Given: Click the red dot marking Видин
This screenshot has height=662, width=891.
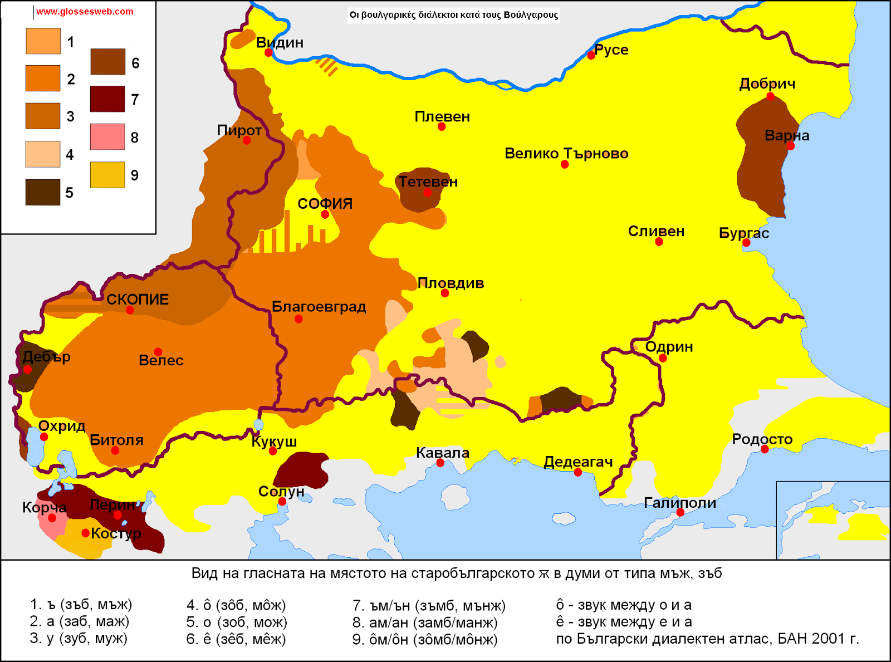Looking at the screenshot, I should [268, 53].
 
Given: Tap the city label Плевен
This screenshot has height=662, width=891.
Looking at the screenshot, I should [442, 116].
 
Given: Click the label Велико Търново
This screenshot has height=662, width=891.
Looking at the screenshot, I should [566, 153].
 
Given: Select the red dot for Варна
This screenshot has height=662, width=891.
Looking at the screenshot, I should [791, 146].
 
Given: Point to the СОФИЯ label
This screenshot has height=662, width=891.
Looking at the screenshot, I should [325, 203].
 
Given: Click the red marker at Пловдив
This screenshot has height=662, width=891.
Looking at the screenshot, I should [444, 293].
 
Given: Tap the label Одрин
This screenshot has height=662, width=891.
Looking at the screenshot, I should [669, 346].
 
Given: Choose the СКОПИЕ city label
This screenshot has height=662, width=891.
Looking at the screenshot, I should [138, 299].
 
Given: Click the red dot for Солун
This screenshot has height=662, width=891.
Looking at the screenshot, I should [282, 502].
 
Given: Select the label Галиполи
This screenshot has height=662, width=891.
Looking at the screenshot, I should [679, 502].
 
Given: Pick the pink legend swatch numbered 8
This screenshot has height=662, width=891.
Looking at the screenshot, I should [107, 136].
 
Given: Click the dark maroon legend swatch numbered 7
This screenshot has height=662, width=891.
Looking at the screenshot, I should [107, 99].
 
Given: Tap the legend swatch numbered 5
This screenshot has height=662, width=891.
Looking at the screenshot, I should [43, 192].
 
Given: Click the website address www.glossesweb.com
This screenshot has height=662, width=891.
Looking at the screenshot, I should [85, 11].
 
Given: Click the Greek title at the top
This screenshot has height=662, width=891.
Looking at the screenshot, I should [453, 14].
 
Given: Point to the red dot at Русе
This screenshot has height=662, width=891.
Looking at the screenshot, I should [591, 55].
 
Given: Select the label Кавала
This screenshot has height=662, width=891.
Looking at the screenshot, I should [442, 453].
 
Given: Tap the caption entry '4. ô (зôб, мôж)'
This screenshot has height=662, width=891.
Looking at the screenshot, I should [236, 605].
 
